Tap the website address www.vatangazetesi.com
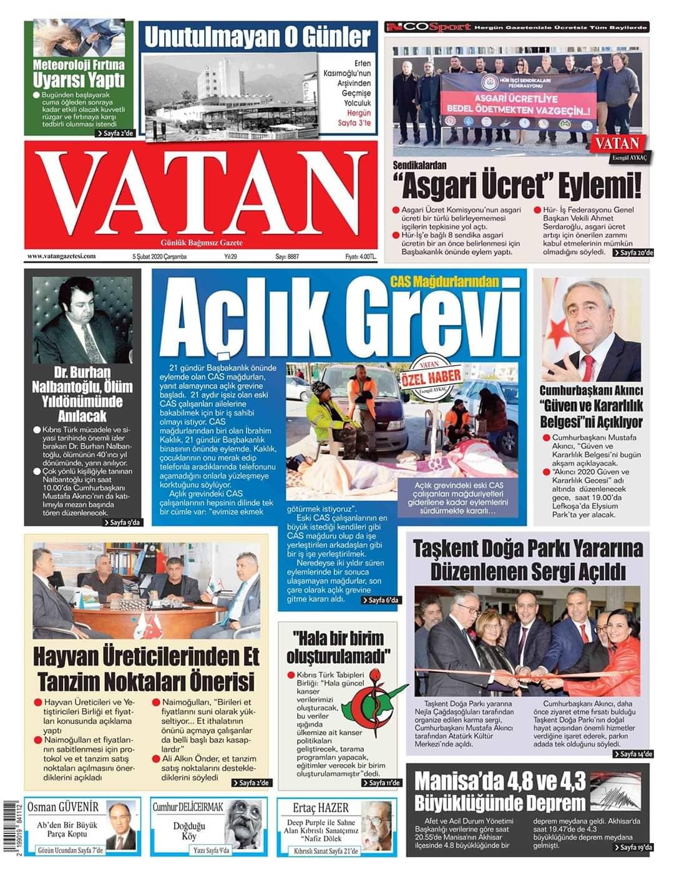point(61,256)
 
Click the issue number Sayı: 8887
point(287,256)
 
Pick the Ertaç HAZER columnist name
point(321,808)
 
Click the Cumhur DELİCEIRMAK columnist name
point(188,807)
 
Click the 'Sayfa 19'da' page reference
point(633,847)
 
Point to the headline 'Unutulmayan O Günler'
point(257,37)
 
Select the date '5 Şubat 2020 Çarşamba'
point(159,256)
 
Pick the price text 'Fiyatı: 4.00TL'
point(361,256)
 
